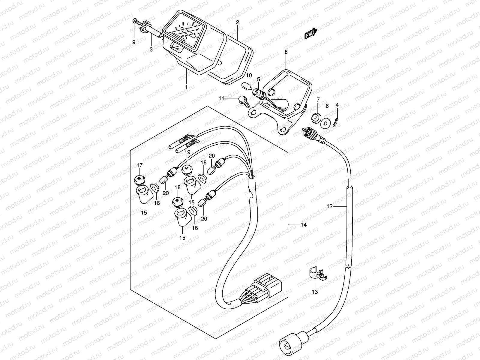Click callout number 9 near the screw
click(134, 42)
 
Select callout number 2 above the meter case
click(237, 22)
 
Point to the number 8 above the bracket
click(286, 52)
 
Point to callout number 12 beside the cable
click(330, 206)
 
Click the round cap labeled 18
click(178, 202)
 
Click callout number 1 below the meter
click(186, 87)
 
